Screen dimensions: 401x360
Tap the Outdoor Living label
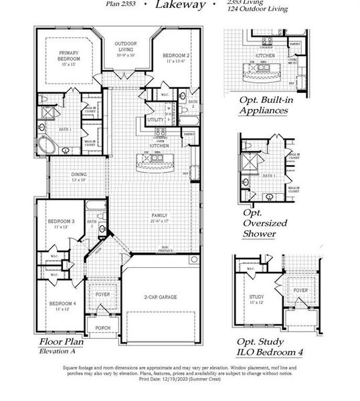[126, 48]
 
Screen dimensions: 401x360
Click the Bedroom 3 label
[61, 223]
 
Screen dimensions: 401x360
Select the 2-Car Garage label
[161, 296]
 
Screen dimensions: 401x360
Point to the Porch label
[102, 328]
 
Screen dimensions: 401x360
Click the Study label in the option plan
[256, 297]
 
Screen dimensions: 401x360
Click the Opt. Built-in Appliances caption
[264, 105]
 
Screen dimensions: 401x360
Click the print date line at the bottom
[179, 378]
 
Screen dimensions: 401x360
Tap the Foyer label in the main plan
[102, 293]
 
